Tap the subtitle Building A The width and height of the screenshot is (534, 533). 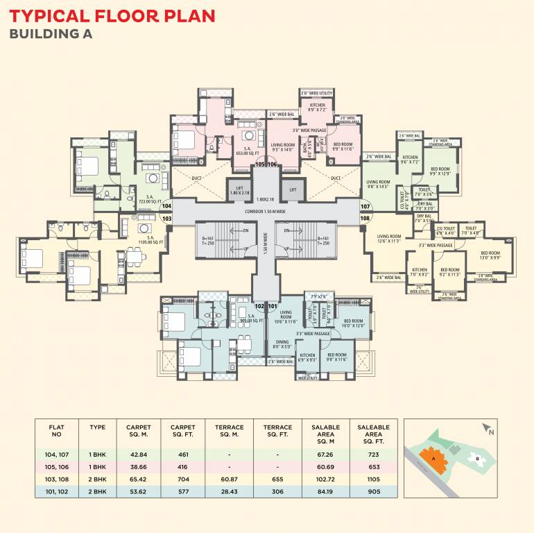(x=51, y=33)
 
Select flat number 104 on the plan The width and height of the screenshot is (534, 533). (x=166, y=206)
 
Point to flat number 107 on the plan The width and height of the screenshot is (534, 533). (x=365, y=206)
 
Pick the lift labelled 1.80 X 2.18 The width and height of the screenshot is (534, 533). (x=239, y=189)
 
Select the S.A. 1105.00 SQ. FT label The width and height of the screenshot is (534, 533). (x=140, y=242)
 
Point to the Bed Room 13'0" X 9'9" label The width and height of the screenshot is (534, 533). (x=490, y=255)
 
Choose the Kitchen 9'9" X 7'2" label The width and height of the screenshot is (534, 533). (x=313, y=108)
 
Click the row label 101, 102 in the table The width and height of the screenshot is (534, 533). (x=57, y=491)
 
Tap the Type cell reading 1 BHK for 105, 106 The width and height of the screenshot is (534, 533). (x=98, y=466)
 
